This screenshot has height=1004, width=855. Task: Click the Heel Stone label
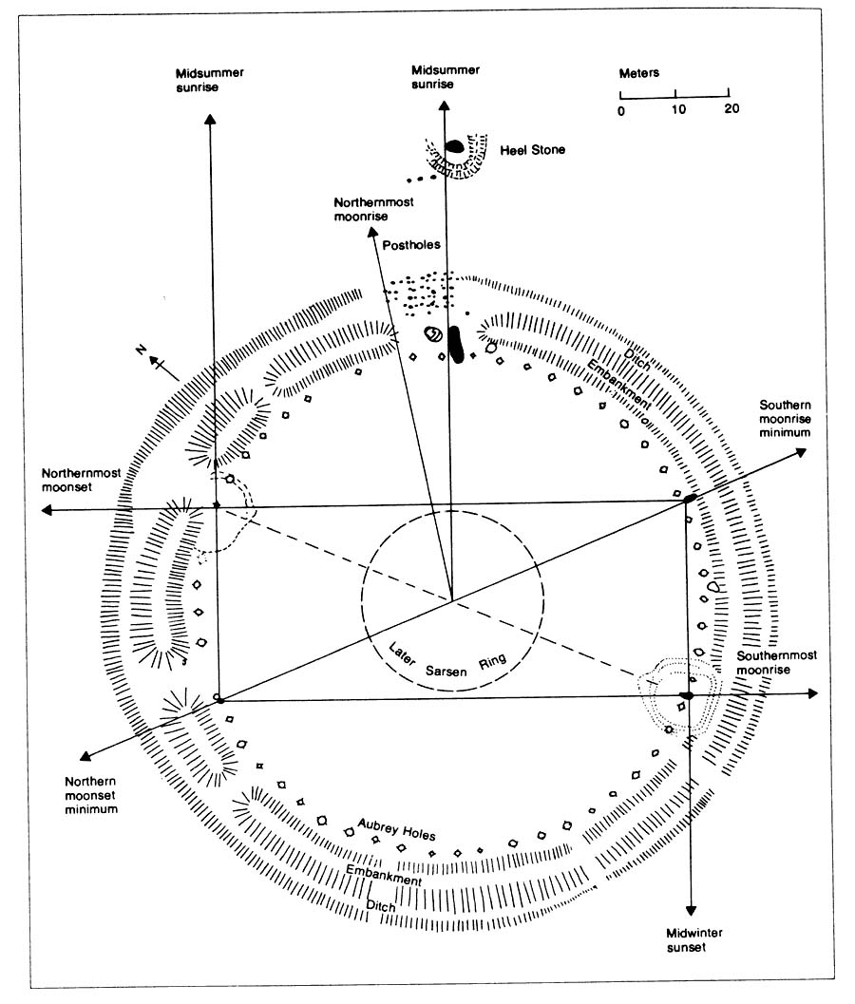532,150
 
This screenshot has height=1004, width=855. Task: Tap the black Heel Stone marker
455,147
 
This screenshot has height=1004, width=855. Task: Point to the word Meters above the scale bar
639,73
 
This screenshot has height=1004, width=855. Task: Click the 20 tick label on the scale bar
730,109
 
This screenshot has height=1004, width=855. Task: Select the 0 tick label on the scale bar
621,109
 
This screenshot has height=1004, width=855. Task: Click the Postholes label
409,245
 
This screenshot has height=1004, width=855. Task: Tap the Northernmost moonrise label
370,210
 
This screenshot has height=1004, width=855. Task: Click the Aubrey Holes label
396,829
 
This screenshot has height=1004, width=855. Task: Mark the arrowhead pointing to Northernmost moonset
46,511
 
